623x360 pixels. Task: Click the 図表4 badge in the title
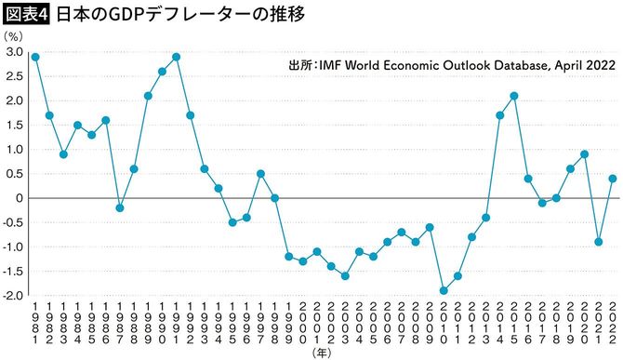(25, 14)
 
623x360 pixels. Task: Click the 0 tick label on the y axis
(18, 198)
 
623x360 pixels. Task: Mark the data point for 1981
(35, 57)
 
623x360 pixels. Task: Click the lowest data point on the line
(444, 290)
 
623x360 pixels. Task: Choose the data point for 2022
(613, 179)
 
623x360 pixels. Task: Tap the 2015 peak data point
(513, 96)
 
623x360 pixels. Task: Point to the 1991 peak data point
(176, 57)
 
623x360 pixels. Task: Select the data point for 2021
(599, 242)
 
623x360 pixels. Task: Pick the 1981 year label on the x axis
(35, 322)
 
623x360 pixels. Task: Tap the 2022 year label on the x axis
(613, 322)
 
